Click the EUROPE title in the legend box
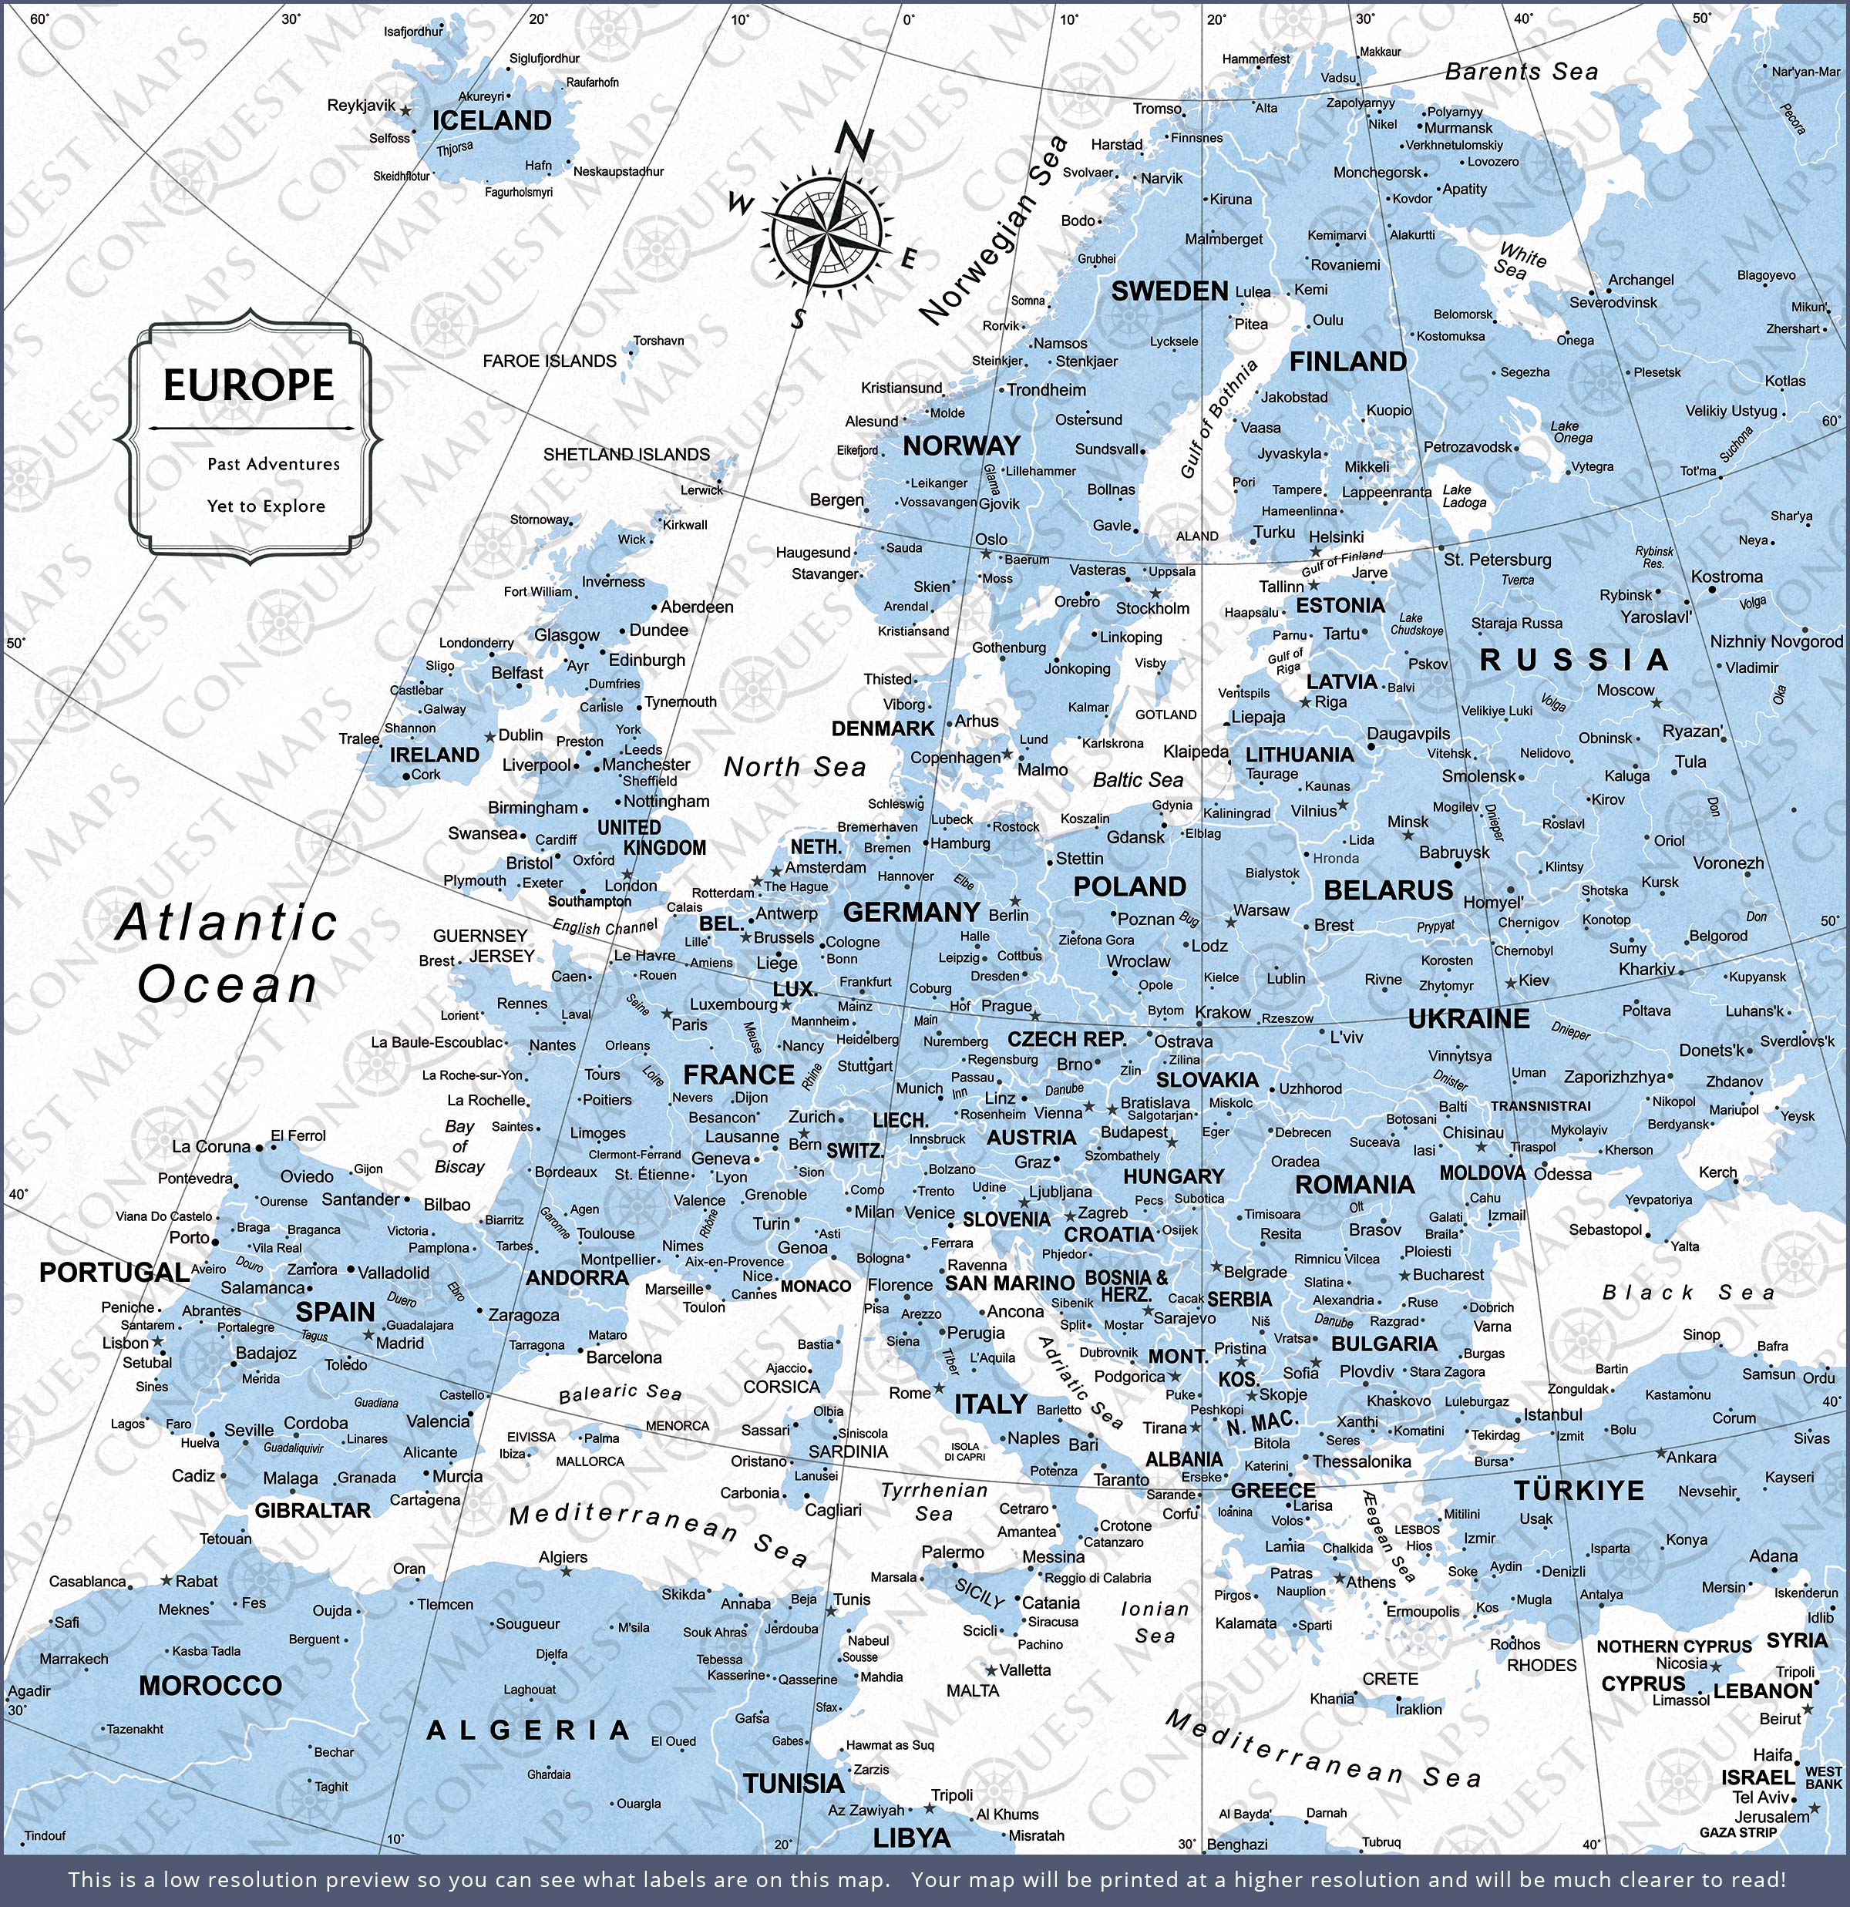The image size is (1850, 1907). click(x=248, y=385)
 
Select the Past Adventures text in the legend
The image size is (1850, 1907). click(x=274, y=464)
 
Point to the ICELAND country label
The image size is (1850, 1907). click(x=492, y=121)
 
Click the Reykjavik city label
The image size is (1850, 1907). click(x=361, y=105)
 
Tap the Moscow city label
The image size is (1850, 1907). click(x=1624, y=690)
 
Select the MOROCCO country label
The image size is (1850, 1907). click(x=210, y=1685)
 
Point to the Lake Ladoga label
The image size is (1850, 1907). click(x=1464, y=496)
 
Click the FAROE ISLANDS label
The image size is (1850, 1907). click(x=550, y=361)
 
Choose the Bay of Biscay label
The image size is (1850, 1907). click(x=459, y=1147)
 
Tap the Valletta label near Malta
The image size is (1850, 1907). click(x=1024, y=1670)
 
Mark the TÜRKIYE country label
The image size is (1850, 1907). click(x=1579, y=1491)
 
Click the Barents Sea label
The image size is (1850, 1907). click(x=1521, y=72)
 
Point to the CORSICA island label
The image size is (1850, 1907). click(x=782, y=1387)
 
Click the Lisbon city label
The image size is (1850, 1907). click(x=126, y=1343)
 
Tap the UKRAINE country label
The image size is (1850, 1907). click(x=1468, y=1019)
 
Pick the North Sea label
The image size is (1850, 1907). click(x=794, y=768)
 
